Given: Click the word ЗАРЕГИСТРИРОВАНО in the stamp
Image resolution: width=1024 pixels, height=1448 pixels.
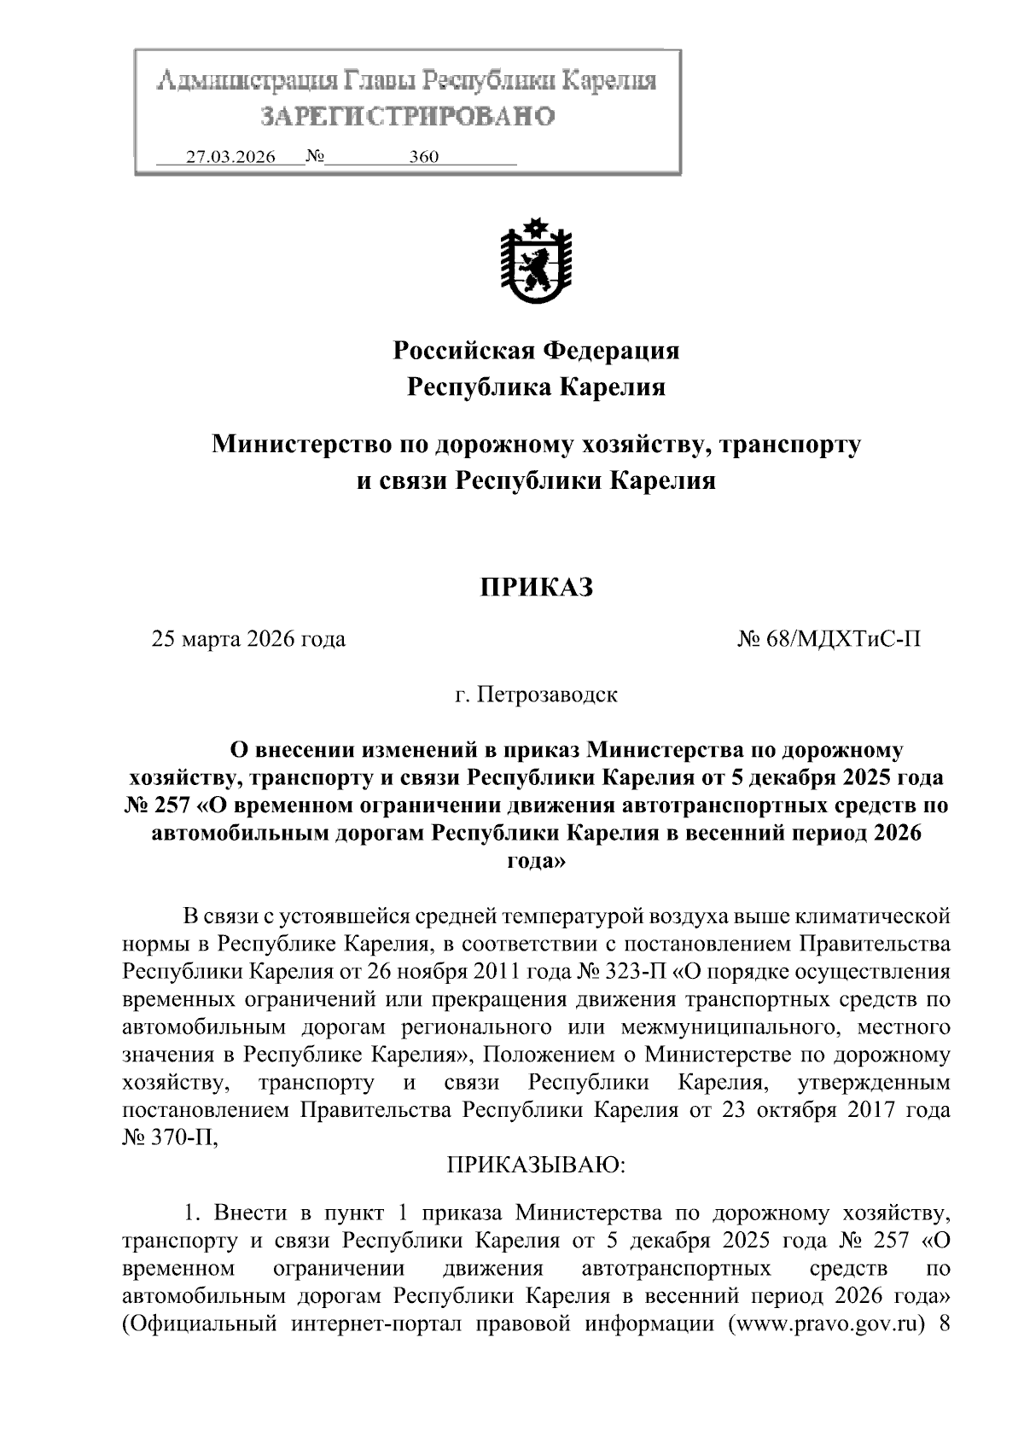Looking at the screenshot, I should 407,115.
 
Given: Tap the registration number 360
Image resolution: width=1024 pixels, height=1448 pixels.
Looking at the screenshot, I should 424,158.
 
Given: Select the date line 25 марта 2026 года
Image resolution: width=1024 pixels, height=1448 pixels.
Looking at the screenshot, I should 248,639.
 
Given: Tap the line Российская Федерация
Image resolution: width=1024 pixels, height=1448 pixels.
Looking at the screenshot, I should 536,350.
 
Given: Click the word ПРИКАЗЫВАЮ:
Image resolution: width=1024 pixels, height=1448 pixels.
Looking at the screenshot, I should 537,1165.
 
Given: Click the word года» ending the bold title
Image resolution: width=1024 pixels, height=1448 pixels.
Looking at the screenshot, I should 536,861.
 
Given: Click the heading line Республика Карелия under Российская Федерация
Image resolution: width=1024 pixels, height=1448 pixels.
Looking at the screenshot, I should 536,387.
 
